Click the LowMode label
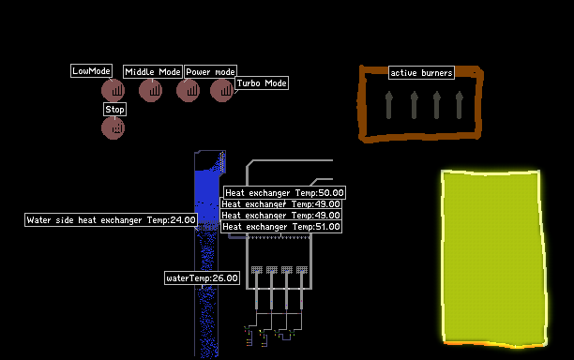click(91, 71)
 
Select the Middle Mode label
click(153, 71)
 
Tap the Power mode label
click(210, 71)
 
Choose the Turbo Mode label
click(262, 83)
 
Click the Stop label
click(114, 110)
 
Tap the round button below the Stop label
click(113, 128)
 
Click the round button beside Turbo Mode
click(222, 90)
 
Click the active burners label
click(421, 73)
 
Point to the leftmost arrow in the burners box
click(389, 105)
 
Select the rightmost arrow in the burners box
click(459, 105)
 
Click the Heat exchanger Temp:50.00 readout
click(284, 193)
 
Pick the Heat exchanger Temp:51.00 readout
click(281, 227)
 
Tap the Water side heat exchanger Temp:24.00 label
click(111, 220)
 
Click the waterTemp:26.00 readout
click(202, 278)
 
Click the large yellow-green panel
click(493, 258)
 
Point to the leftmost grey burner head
click(257, 270)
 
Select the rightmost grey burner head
click(302, 270)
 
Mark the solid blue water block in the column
click(207, 196)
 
